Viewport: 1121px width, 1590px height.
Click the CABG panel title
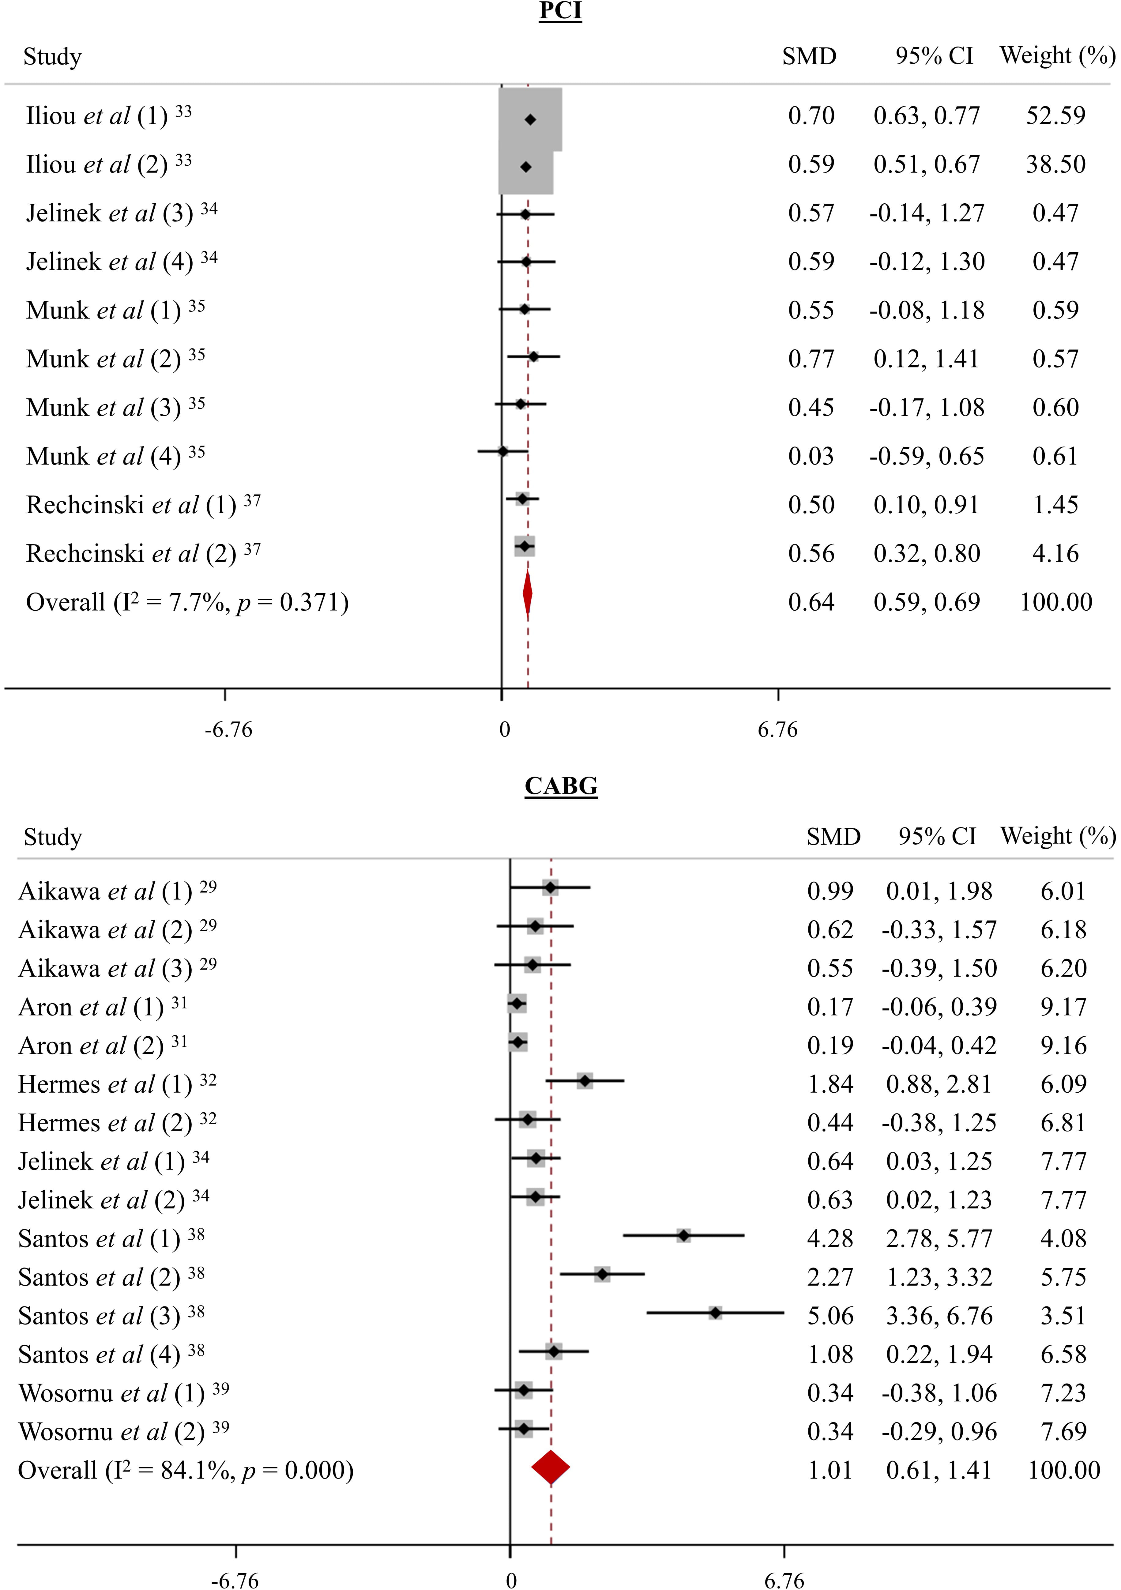point(561,786)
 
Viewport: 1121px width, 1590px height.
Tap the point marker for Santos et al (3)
point(715,1312)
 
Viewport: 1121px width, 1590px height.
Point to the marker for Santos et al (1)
point(683,1235)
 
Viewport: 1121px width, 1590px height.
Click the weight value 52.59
point(1055,116)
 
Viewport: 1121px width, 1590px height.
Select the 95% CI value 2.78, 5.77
point(939,1238)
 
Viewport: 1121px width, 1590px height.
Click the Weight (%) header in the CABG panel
point(1057,837)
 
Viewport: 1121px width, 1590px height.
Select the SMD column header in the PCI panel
point(809,56)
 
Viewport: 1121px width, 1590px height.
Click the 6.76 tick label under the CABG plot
point(784,1580)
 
